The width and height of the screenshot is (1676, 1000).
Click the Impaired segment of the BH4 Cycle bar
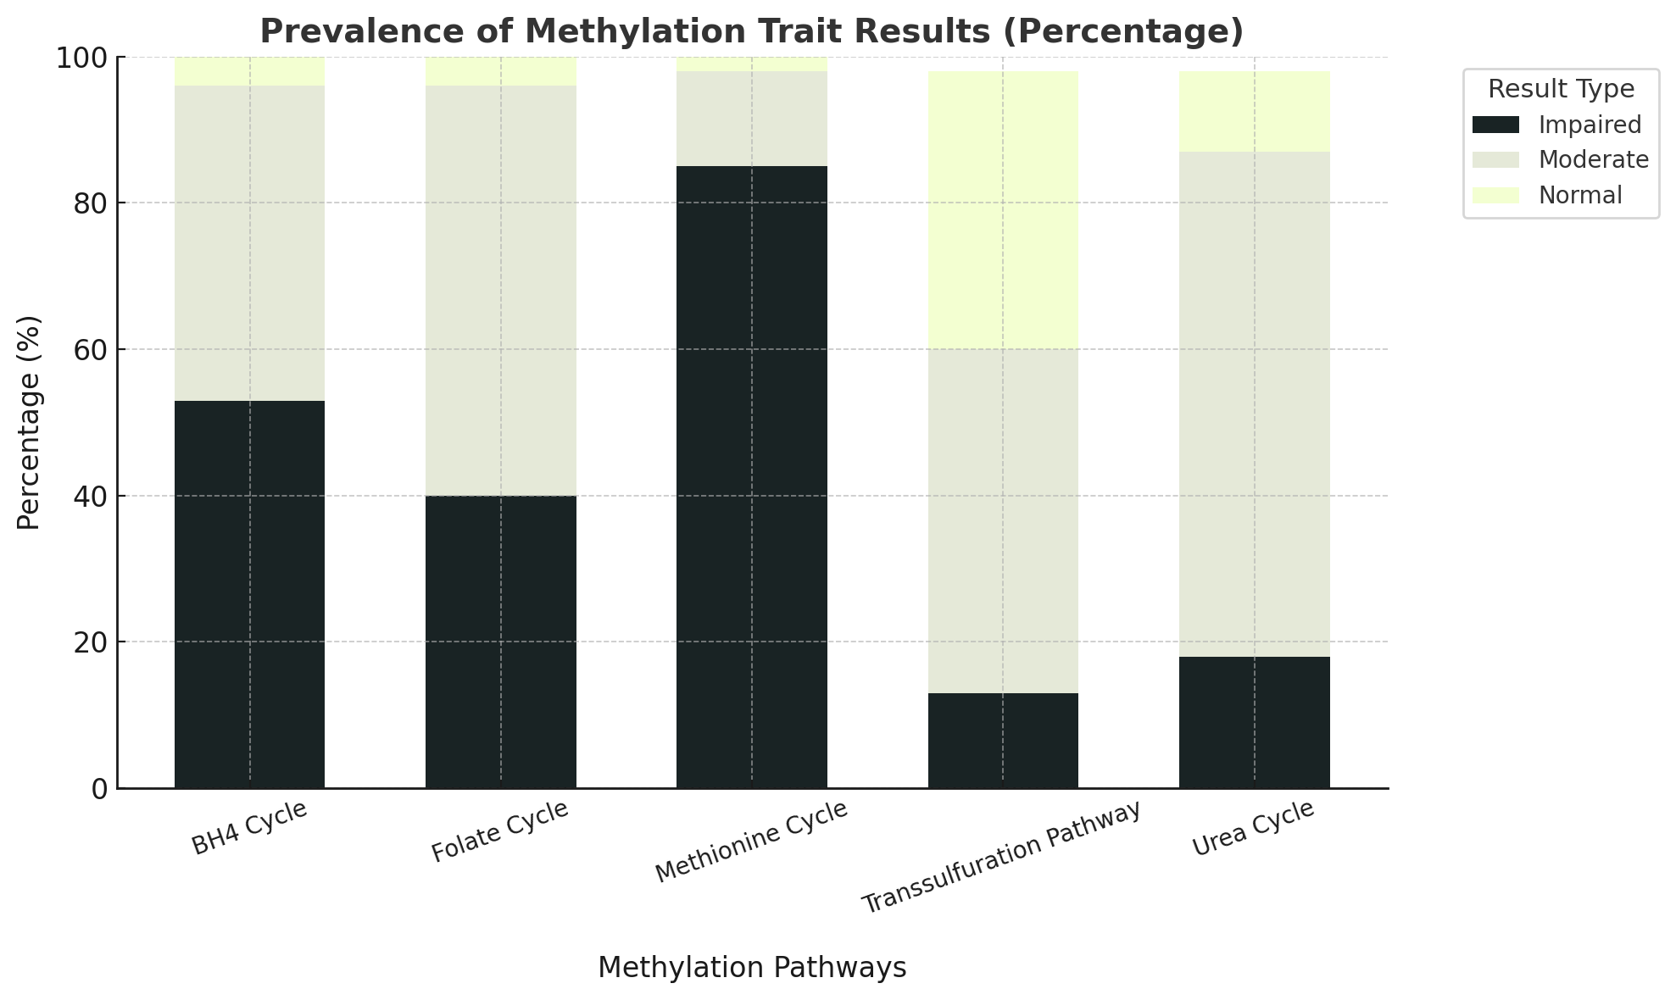tap(249, 594)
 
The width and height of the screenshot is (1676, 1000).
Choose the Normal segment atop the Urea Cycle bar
tap(1254, 111)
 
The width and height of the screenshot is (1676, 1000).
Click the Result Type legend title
tap(1561, 89)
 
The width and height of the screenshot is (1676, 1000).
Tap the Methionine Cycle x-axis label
tap(751, 841)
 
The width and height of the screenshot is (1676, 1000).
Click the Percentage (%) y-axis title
tap(29, 422)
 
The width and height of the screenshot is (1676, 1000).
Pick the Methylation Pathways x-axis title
tap(752, 968)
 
